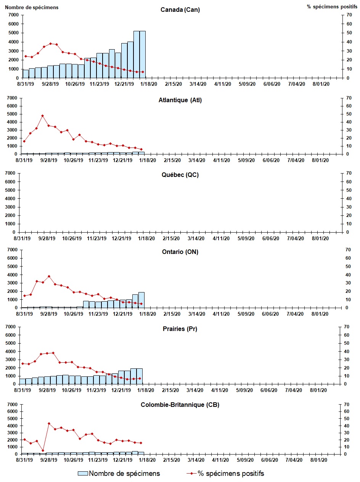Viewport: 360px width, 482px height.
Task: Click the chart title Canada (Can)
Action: (x=180, y=10)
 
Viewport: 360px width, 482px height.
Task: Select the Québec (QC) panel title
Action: (x=180, y=175)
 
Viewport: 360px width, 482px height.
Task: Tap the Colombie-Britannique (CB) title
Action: (x=180, y=405)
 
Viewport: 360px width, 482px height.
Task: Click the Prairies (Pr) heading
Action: (x=180, y=329)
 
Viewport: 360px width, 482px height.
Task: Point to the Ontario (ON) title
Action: (x=180, y=252)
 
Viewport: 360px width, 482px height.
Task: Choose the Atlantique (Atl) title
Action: (x=180, y=100)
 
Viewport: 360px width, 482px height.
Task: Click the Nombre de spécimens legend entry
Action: (x=119, y=474)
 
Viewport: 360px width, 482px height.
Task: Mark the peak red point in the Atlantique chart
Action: (x=43, y=116)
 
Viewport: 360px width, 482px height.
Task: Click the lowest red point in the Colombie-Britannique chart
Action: (x=43, y=450)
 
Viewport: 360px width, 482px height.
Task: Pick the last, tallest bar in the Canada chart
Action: (x=142, y=54)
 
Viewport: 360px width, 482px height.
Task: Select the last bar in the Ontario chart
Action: (x=141, y=300)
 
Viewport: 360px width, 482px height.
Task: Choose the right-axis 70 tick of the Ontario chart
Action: (x=348, y=250)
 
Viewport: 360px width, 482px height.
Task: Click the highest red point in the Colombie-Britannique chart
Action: (x=49, y=423)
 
